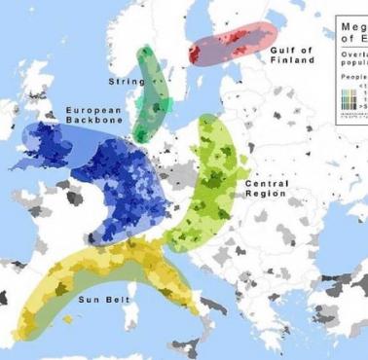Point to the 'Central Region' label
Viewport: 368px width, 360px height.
(x=265, y=189)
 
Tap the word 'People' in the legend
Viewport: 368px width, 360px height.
(x=352, y=74)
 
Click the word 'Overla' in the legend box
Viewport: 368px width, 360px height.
(x=352, y=50)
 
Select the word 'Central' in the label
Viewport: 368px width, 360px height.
(x=265, y=184)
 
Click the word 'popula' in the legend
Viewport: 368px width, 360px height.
(x=352, y=59)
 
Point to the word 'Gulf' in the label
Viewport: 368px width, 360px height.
(x=282, y=50)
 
